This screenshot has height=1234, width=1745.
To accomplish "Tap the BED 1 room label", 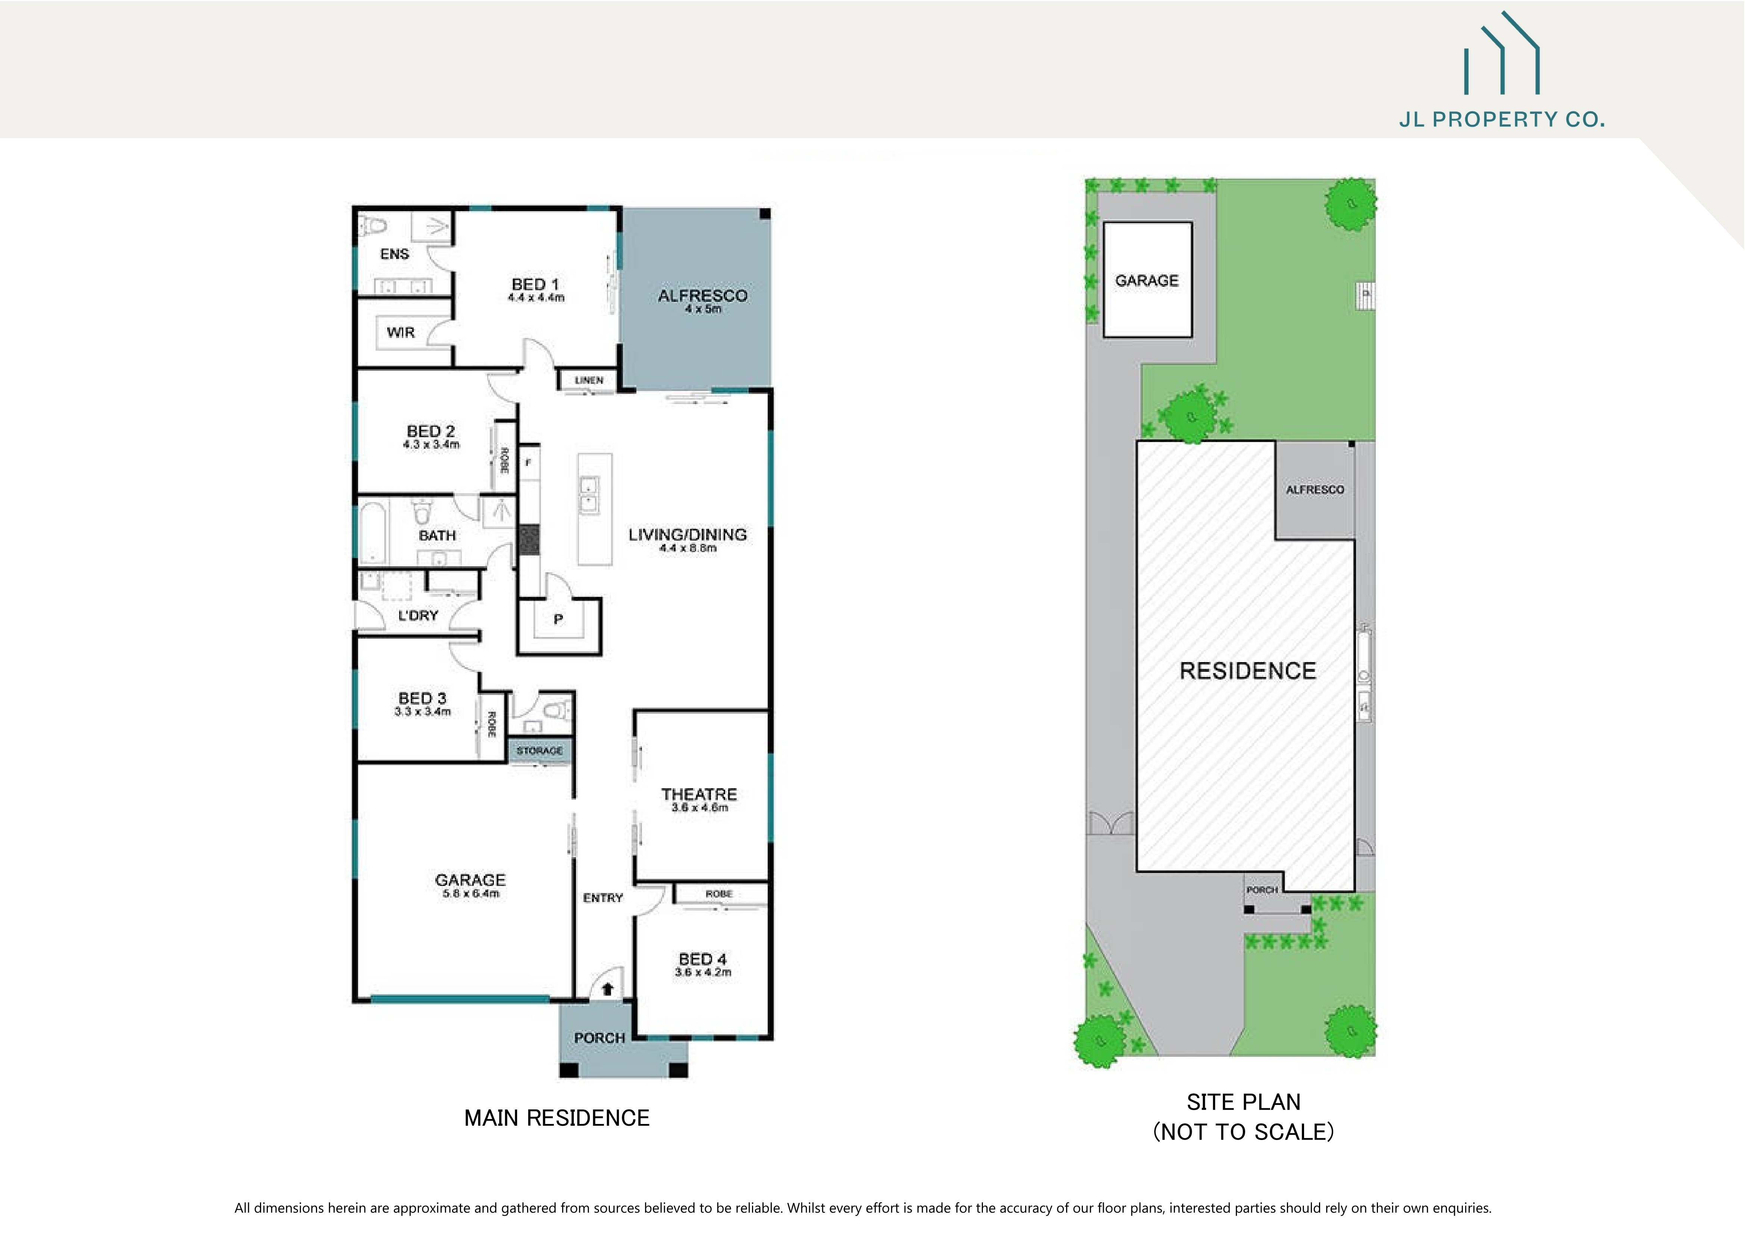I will click(x=535, y=284).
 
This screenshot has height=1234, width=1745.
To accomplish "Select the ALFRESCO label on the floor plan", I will click(x=702, y=295).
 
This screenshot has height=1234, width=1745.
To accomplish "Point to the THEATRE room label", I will click(x=698, y=794).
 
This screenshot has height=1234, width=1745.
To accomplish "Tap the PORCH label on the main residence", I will click(x=599, y=1038).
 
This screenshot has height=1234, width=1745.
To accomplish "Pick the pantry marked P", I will click(x=558, y=619).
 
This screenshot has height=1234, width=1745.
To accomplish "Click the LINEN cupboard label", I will click(x=589, y=380).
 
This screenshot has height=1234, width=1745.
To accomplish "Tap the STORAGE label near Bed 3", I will click(x=540, y=751).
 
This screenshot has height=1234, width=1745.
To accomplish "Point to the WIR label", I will click(x=401, y=333).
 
